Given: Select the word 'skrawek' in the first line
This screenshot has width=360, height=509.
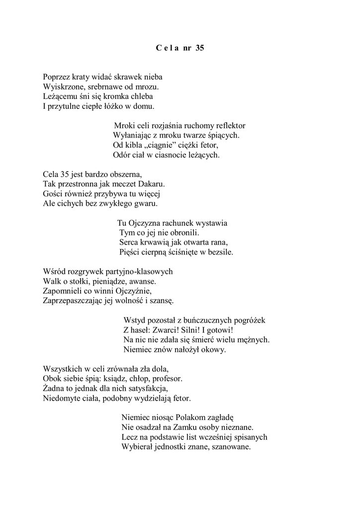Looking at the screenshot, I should [x=129, y=77].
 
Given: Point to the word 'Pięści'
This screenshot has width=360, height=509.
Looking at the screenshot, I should [x=129, y=252].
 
